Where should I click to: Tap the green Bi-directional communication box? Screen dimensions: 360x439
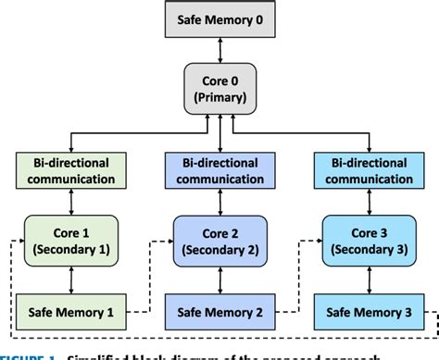(70, 169)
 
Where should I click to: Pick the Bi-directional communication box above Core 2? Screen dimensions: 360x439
(219, 169)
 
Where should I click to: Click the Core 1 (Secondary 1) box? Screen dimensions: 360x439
(70, 239)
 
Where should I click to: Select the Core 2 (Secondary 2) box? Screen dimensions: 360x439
(219, 239)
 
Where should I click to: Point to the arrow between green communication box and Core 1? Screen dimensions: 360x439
(70, 201)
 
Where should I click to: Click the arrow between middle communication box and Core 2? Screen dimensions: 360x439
(219, 201)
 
